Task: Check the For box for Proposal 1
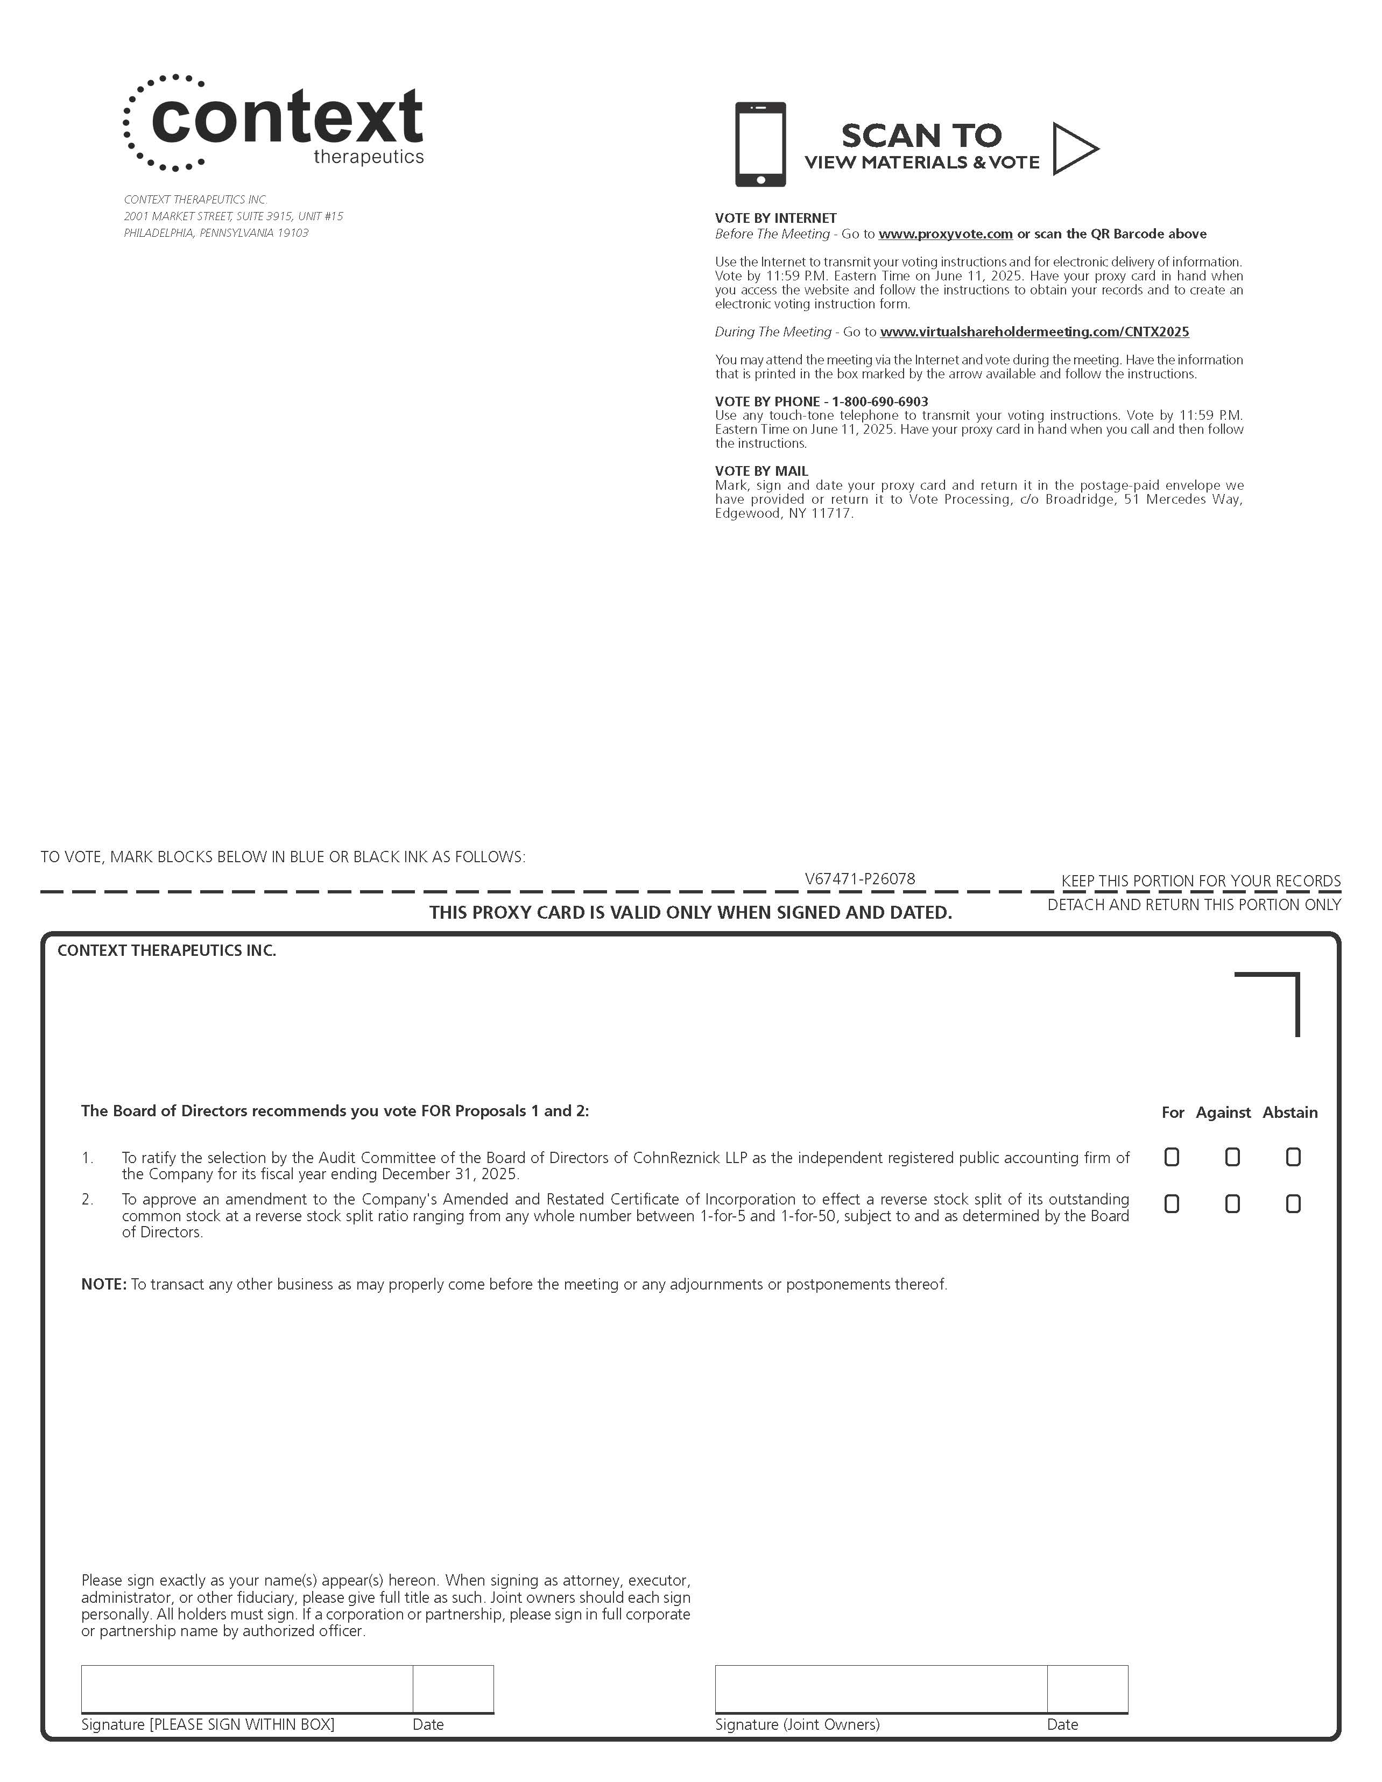click(1172, 1157)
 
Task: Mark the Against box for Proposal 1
click(1232, 1157)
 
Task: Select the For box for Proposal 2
click(1172, 1203)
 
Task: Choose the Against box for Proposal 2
click(1232, 1203)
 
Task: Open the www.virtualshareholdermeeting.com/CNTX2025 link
click(1034, 332)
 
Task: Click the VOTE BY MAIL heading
click(761, 471)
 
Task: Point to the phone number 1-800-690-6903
click(879, 402)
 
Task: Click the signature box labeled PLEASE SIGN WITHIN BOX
click(246, 1688)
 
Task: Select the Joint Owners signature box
click(880, 1688)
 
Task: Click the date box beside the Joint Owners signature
click(1088, 1688)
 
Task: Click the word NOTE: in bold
click(104, 1284)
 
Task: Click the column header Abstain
click(1290, 1112)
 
